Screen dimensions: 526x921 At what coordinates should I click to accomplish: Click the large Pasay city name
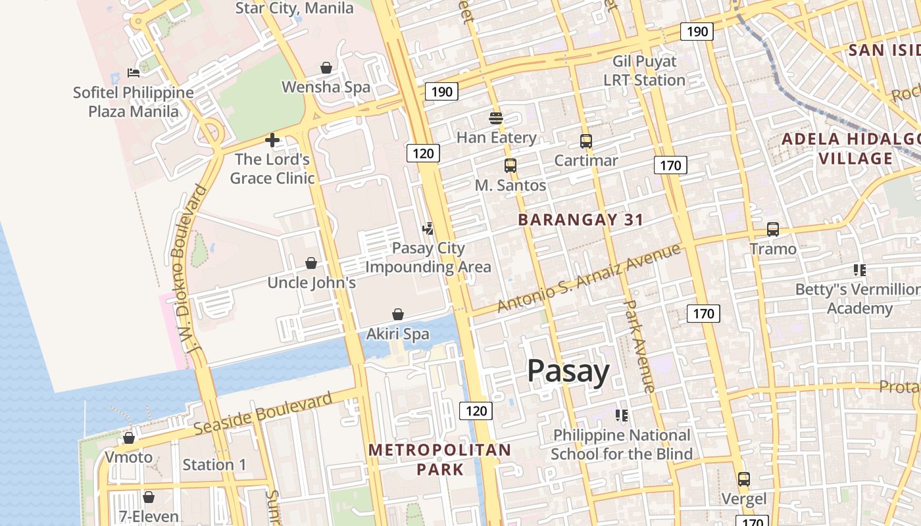pyautogui.click(x=568, y=371)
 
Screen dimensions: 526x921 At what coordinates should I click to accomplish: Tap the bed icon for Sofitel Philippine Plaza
pyautogui.click(x=134, y=73)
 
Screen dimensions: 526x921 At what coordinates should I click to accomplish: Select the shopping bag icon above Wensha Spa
pyautogui.click(x=326, y=68)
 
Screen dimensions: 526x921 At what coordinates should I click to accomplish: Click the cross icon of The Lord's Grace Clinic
pyautogui.click(x=272, y=139)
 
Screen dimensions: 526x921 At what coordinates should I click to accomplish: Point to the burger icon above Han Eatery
pyautogui.click(x=496, y=118)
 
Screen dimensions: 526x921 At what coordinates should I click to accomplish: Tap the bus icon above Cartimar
pyautogui.click(x=585, y=141)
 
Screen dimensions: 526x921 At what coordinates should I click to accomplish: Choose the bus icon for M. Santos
pyautogui.click(x=510, y=166)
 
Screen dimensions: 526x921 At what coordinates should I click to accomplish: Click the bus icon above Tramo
pyautogui.click(x=772, y=229)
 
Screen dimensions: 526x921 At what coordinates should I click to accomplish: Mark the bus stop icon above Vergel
pyautogui.click(x=743, y=479)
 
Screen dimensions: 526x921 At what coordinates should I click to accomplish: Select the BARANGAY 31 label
pyautogui.click(x=580, y=220)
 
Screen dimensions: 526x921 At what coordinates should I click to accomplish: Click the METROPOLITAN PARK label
pyautogui.click(x=439, y=460)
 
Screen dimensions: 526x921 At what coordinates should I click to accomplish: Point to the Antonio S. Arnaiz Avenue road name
pyautogui.click(x=589, y=278)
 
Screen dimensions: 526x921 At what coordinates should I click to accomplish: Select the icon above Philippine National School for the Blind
pyautogui.click(x=621, y=416)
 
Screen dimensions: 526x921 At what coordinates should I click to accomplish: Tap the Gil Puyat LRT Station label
pyautogui.click(x=644, y=71)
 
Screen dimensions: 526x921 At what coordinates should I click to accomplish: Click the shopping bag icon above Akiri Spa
pyautogui.click(x=397, y=314)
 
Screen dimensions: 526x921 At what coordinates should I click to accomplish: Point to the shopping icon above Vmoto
pyautogui.click(x=129, y=438)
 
